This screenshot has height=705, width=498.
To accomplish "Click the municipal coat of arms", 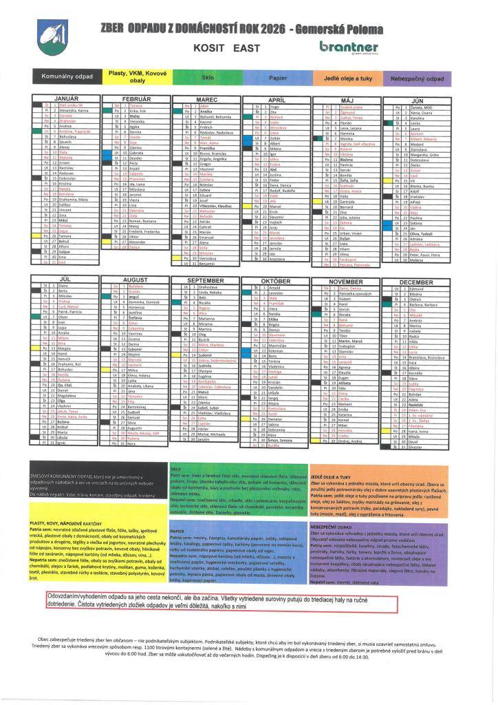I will click(x=47, y=36).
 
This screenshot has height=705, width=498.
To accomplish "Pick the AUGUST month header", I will click(x=136, y=280).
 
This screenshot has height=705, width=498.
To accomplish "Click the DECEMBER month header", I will click(x=416, y=282).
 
